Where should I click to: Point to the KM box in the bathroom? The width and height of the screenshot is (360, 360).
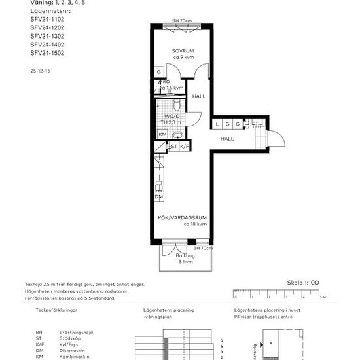162,134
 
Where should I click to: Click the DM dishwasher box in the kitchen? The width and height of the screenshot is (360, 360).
159,196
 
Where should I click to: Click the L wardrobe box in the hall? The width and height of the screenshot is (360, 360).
217,123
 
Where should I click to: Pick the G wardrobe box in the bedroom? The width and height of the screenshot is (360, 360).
159,72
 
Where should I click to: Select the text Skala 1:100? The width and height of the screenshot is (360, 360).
303,283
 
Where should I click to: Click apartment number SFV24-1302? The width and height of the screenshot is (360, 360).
47,36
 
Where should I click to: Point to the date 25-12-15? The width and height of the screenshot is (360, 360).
41,69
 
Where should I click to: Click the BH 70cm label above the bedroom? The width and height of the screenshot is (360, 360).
183,22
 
